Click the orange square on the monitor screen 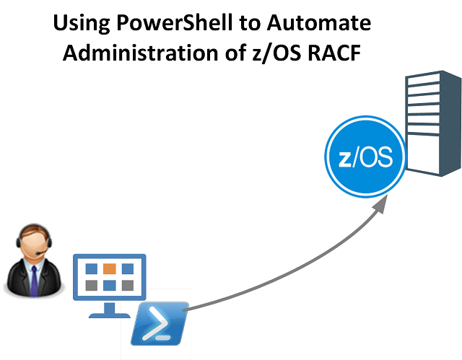pyautogui.click(x=109, y=268)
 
